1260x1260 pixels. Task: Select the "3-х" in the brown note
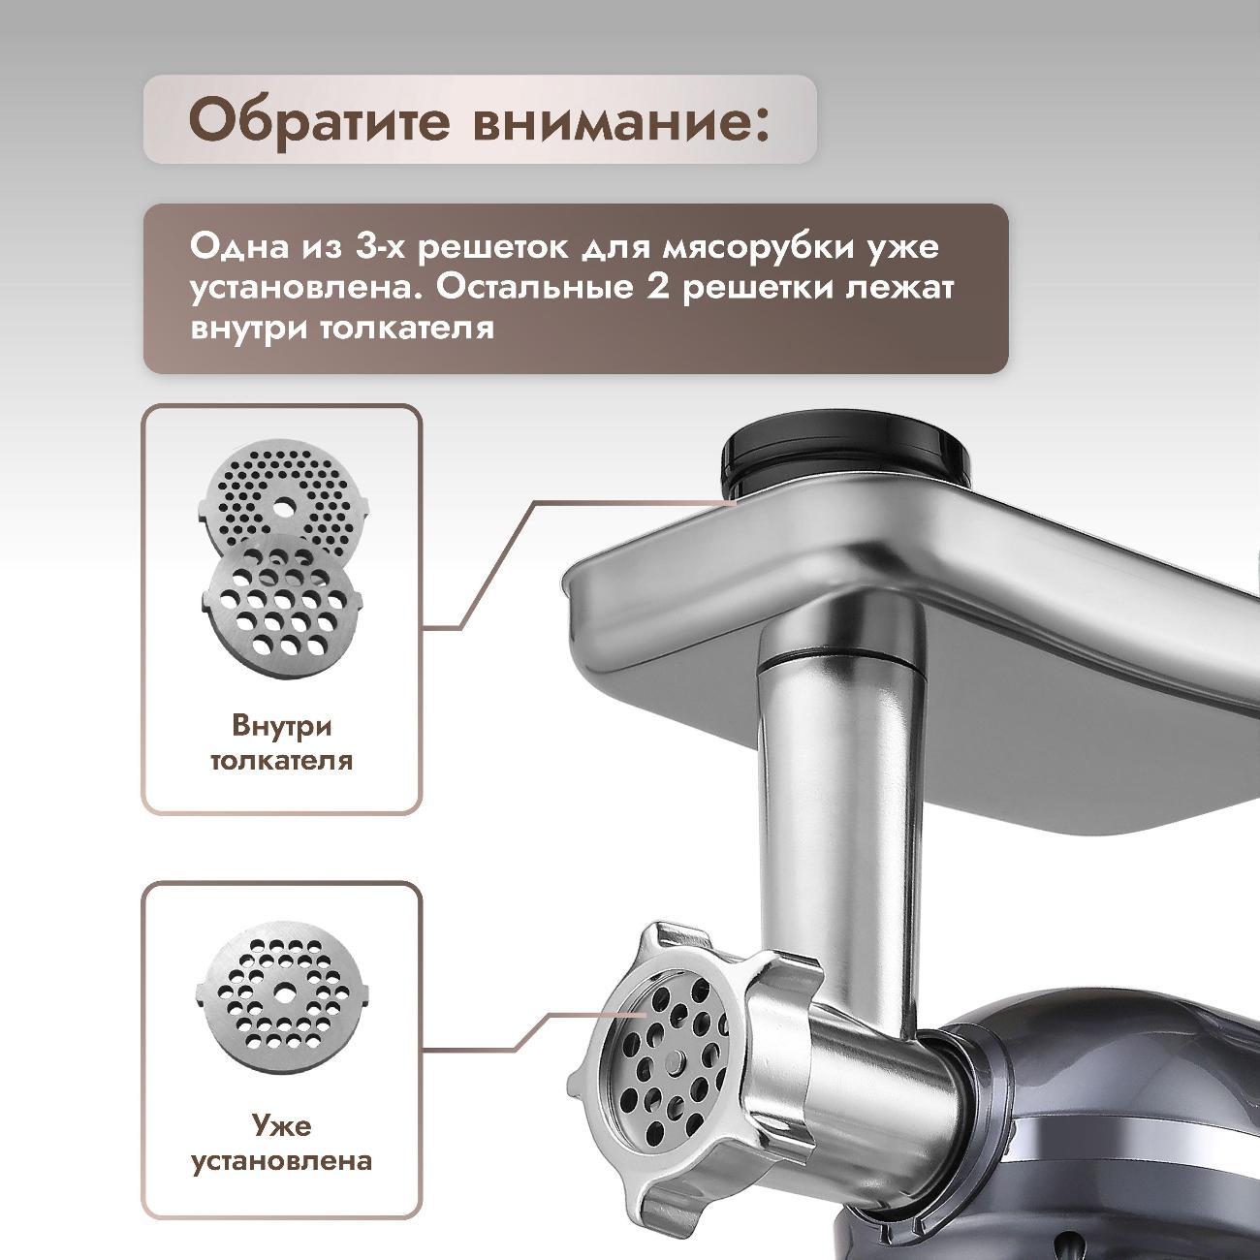tap(378, 248)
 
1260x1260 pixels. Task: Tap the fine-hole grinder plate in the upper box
tap(282, 500)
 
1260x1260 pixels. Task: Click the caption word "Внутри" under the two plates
tap(282, 726)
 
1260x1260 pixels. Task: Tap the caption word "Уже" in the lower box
tap(282, 1124)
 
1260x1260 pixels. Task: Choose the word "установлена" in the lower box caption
tap(282, 1160)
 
